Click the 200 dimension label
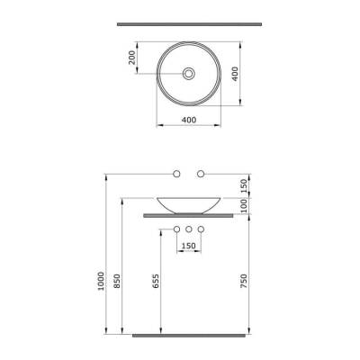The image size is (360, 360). (x=132, y=59)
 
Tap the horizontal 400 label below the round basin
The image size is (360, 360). (x=189, y=119)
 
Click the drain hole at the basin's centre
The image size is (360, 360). (x=189, y=73)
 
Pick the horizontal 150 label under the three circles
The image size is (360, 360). (x=189, y=247)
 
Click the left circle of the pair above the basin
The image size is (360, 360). (x=177, y=172)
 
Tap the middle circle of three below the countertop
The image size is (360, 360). (x=189, y=229)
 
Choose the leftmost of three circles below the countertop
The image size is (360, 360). (x=177, y=229)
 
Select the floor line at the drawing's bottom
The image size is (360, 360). (x=189, y=334)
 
